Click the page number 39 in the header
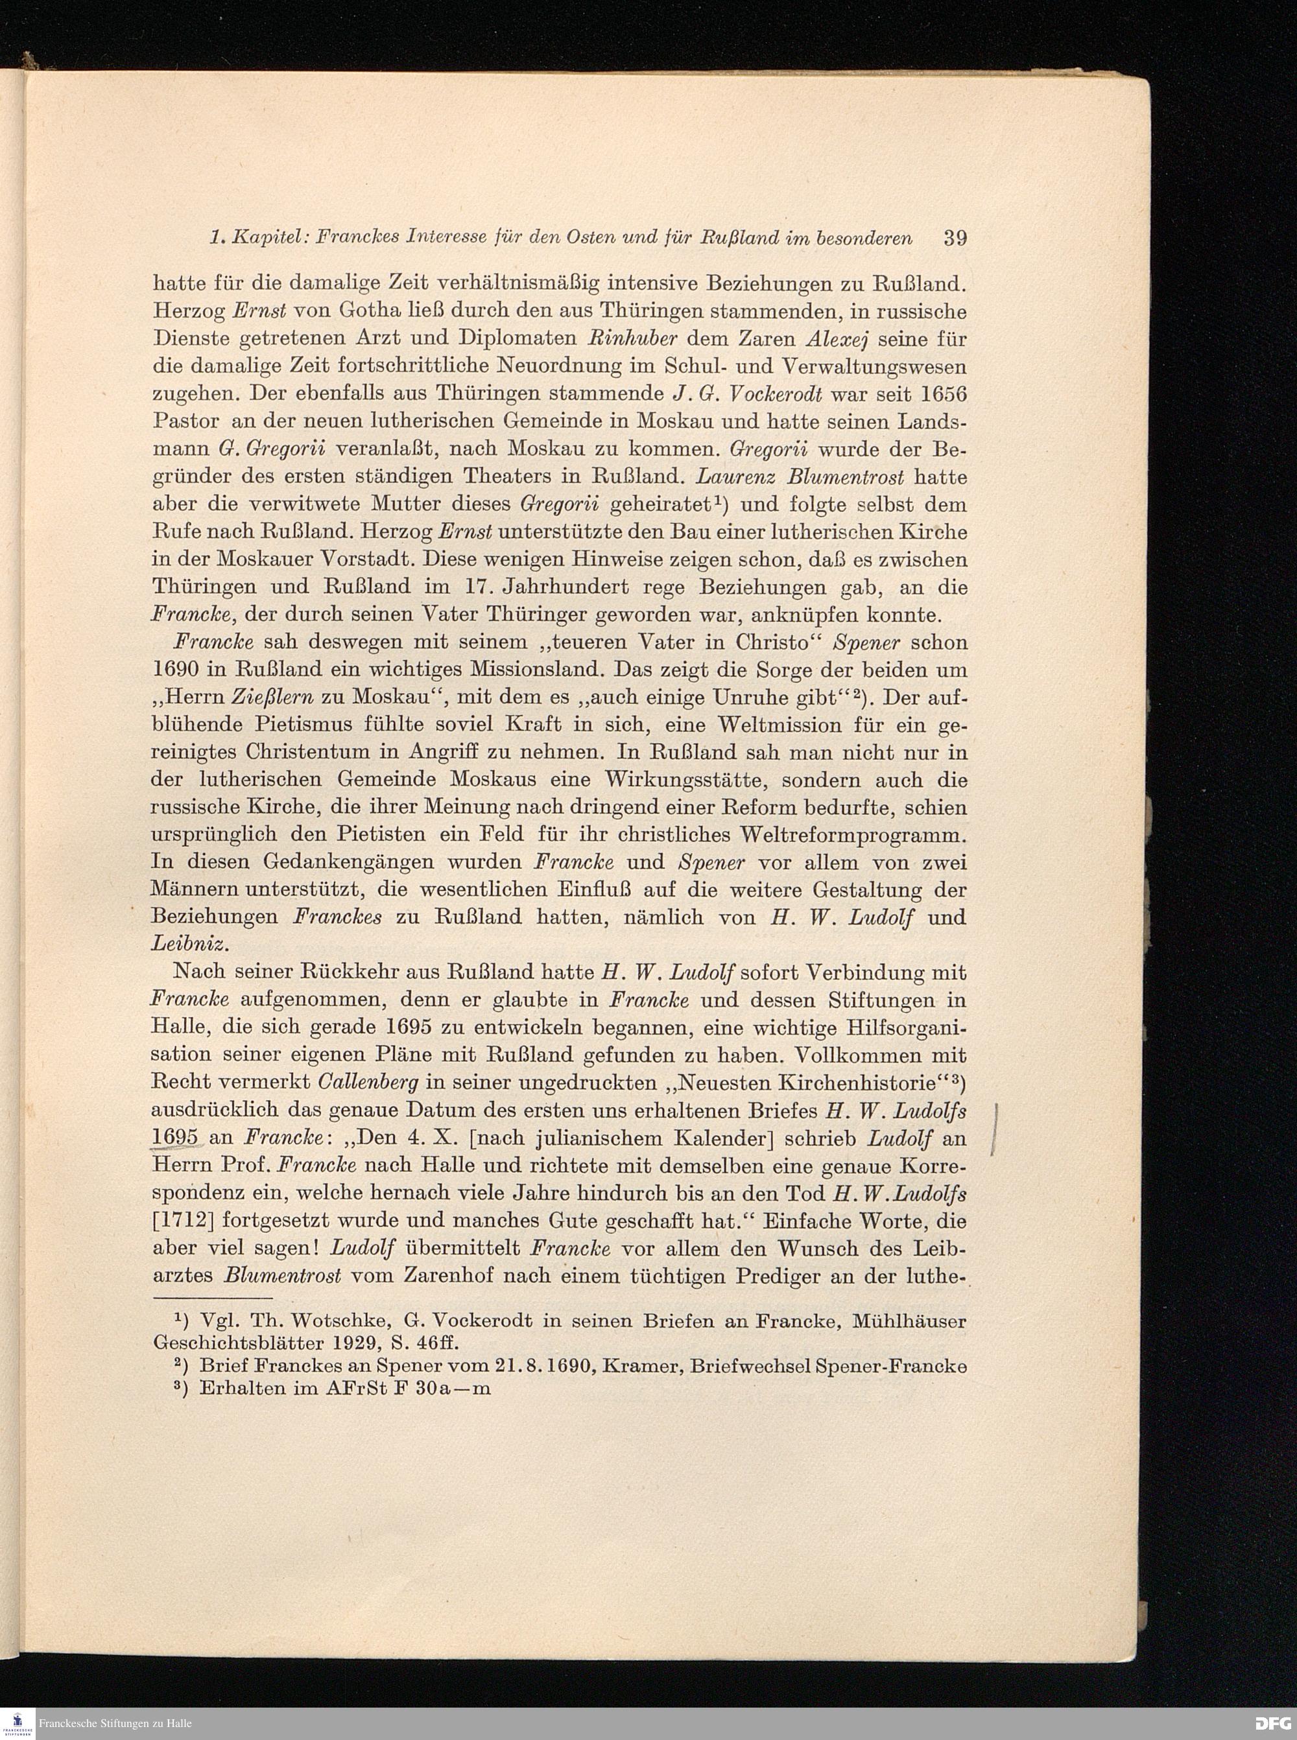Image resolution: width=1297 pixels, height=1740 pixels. click(954, 239)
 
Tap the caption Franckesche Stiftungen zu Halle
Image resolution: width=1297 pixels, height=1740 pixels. click(118, 1724)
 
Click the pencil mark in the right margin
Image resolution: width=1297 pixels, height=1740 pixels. click(995, 1130)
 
